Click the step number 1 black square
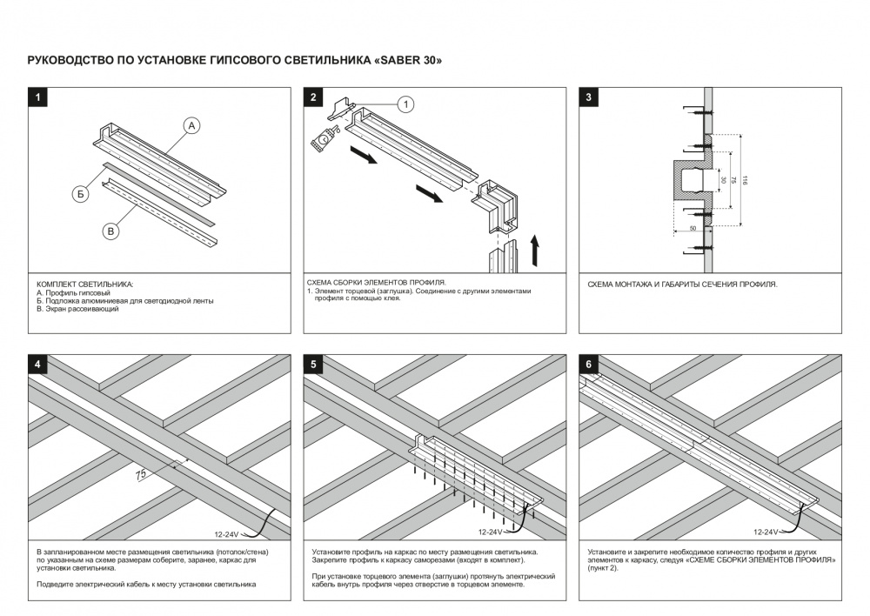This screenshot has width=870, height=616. coord(37,97)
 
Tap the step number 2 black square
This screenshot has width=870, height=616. coord(313,97)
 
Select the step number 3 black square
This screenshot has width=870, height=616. coord(589,97)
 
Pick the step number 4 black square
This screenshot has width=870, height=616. coord(37,365)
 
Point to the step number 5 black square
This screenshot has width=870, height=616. coord(313,365)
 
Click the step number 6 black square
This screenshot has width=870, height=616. coord(589,365)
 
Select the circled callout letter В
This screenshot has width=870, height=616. coord(110,231)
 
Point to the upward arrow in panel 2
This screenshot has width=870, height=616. coord(536,249)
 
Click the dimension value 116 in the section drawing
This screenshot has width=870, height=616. coord(746,180)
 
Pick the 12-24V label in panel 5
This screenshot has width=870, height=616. coord(490,532)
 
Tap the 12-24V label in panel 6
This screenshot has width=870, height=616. coord(766,531)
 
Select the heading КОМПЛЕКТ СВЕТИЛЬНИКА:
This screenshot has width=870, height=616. coord(85,285)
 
